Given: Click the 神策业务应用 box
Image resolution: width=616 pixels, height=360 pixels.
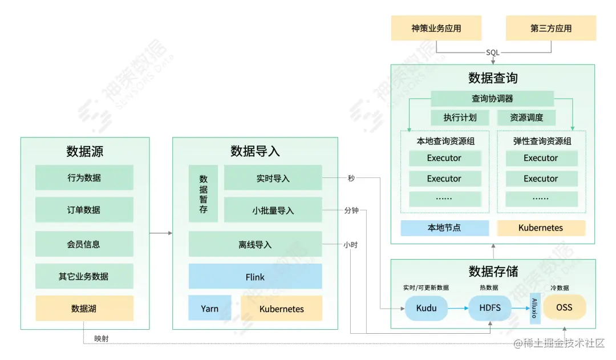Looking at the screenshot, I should point(436,28).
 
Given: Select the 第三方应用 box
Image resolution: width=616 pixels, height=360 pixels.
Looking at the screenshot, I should point(550,28).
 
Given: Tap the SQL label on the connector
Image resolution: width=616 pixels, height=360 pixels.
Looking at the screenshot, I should point(493,52).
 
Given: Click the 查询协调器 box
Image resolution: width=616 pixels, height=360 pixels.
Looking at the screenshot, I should point(492,99).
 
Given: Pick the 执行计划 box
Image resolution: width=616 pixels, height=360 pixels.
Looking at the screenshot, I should point(460,118).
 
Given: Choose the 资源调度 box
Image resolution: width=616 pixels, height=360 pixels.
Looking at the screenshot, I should point(526,118).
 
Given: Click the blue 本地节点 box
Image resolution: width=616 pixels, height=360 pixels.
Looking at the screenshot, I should point(444,228).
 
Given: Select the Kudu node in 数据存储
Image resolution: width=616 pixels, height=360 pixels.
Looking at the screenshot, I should point(426,308).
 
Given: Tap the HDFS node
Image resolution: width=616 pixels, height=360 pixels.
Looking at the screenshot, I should point(489,308).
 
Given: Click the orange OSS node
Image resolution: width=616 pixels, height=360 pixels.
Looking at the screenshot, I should point(564,308).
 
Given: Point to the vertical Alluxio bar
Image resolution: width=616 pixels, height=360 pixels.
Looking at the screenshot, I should point(534,308).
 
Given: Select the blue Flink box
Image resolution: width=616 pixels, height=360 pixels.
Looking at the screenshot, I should point(255,277).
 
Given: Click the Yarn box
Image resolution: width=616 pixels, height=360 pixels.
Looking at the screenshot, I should point(210,308).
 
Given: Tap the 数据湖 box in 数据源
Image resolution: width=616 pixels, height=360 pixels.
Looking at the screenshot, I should point(84,308).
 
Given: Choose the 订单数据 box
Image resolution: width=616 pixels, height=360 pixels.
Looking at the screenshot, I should point(84,210).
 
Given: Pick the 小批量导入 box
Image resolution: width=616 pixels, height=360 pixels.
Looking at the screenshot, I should point(273,210).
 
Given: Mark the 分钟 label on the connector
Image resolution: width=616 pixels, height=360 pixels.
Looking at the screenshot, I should point(351,211).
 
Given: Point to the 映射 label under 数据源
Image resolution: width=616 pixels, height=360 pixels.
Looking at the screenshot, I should point(102,339).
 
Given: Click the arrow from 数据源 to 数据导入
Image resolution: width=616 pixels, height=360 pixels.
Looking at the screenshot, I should point(161,233).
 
